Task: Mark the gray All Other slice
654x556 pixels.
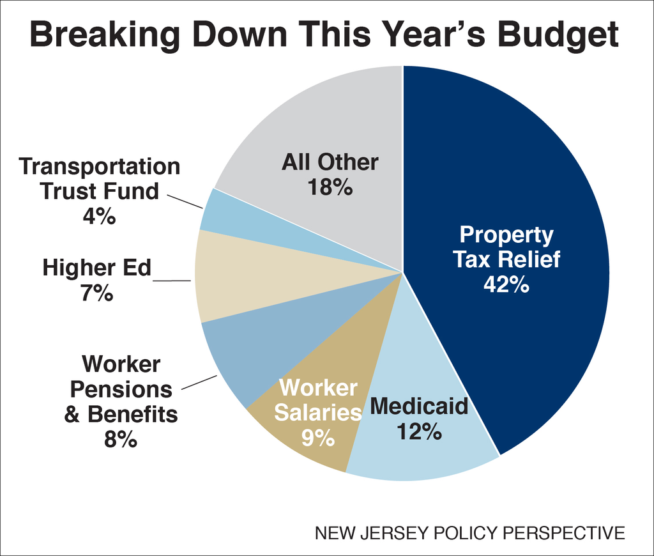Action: (x=319, y=128)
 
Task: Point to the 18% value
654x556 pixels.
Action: (x=330, y=187)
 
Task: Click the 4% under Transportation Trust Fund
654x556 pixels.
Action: (x=99, y=216)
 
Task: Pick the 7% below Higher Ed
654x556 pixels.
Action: (x=97, y=293)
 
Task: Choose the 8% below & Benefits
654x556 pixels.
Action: (x=120, y=440)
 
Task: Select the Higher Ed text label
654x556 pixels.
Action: (x=97, y=268)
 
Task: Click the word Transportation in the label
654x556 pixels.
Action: (x=100, y=166)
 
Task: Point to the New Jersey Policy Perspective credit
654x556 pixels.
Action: (x=470, y=532)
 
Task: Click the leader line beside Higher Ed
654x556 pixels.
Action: (x=172, y=281)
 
